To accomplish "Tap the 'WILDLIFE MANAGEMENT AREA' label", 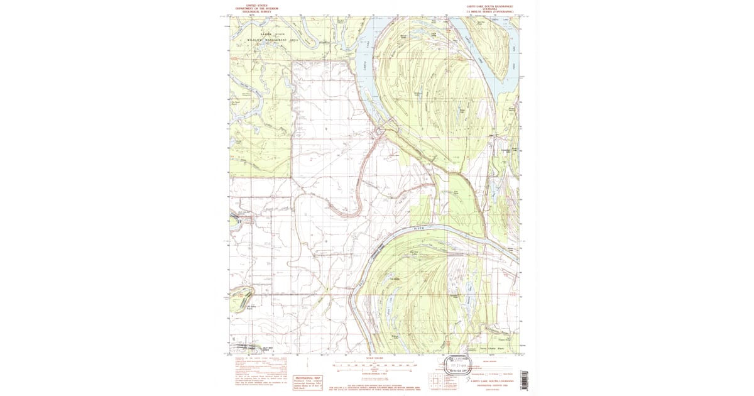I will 272,39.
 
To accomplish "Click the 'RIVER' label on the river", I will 419,228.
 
